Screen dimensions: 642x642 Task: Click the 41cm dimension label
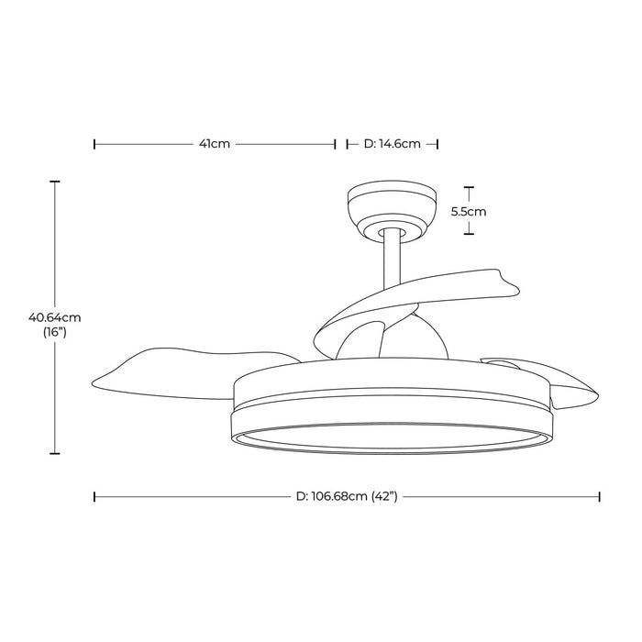click(x=216, y=144)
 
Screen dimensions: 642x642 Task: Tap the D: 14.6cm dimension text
click(x=393, y=144)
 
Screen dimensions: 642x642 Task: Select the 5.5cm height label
click(x=469, y=211)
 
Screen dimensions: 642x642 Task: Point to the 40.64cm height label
click(x=55, y=317)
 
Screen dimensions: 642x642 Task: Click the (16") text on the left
click(x=55, y=333)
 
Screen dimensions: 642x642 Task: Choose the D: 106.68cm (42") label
click(x=345, y=496)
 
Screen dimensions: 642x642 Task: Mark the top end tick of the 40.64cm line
click(x=55, y=182)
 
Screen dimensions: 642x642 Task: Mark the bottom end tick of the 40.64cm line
click(x=55, y=453)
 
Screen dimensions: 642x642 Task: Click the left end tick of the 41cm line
click(x=94, y=144)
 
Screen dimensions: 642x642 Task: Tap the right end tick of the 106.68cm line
click(x=600, y=496)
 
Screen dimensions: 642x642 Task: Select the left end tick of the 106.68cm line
click(x=94, y=496)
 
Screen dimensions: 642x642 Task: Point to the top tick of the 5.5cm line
click(x=469, y=188)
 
